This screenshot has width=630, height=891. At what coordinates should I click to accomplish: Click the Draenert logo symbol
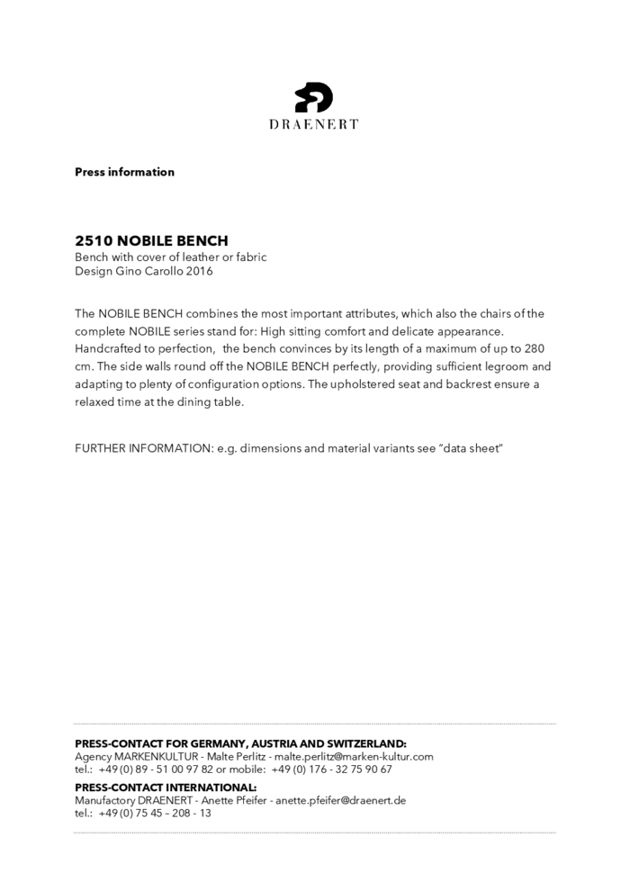coord(314,96)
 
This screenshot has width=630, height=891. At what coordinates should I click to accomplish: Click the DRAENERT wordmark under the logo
coord(314,124)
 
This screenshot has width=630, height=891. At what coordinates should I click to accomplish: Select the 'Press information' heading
coord(124,172)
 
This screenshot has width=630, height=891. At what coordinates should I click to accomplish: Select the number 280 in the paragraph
coord(535,348)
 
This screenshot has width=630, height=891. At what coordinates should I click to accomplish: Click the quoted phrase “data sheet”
coord(470,447)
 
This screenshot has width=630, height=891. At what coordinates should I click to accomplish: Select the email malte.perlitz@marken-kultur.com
coord(354,757)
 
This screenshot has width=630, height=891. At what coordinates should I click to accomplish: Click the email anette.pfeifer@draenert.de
coord(340,800)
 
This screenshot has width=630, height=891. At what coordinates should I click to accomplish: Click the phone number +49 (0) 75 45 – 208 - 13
coord(155,813)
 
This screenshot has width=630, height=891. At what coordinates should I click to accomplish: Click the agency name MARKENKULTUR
coord(157,757)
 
